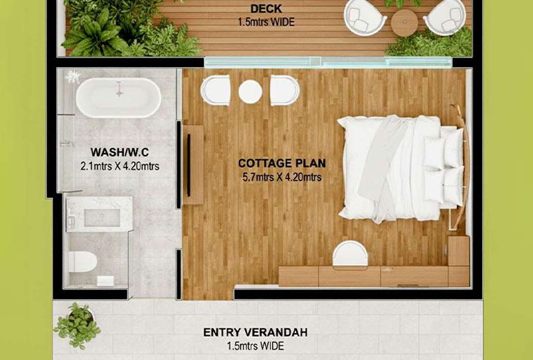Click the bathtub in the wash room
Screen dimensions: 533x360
[118, 98]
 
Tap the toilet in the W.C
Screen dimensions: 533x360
[82, 262]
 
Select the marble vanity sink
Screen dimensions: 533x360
[99, 215]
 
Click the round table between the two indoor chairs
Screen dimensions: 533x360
[250, 91]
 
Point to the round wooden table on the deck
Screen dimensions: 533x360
[404, 23]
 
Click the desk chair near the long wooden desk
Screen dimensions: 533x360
[350, 254]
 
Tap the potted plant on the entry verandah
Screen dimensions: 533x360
[77, 325]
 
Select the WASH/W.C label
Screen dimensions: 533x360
[120, 152]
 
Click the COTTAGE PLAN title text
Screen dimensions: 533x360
[282, 163]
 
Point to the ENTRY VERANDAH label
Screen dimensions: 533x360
[255, 332]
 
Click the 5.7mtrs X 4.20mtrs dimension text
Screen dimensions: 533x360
[282, 177]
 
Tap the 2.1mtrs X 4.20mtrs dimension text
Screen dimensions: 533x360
[120, 166]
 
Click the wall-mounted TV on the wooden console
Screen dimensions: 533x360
[189, 165]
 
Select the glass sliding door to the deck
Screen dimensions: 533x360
[328, 62]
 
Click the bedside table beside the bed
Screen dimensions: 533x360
[458, 251]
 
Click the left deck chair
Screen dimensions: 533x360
[365, 17]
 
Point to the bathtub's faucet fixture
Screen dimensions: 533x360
[119, 89]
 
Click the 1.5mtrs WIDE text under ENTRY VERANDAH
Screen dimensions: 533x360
[255, 346]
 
